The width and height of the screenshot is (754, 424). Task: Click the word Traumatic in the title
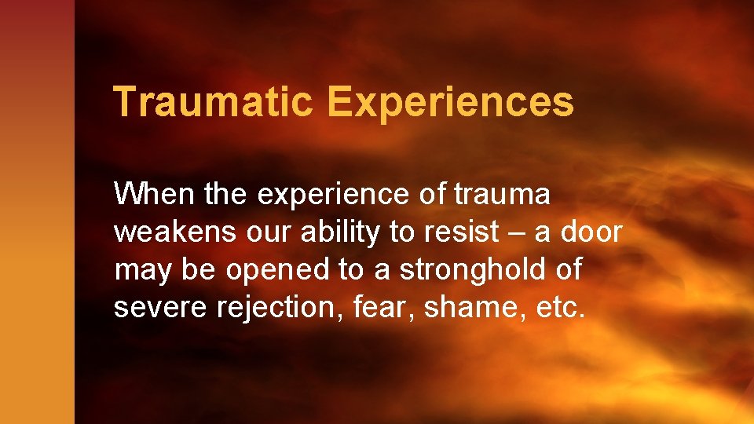[x=213, y=102]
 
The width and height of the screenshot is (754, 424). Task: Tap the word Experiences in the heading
[x=451, y=103]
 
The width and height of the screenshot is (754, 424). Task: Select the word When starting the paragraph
[x=155, y=193]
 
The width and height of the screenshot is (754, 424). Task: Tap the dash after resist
[x=518, y=232]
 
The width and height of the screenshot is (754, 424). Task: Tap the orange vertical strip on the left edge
[x=37, y=236]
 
